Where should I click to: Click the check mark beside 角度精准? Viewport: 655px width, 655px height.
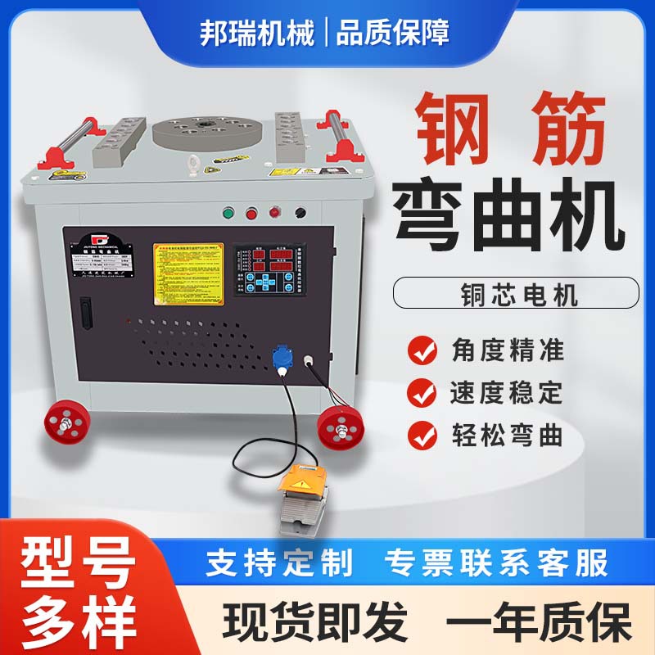[422, 351]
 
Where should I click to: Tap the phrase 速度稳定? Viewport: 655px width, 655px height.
[507, 393]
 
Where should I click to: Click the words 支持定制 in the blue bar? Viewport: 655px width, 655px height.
[279, 563]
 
